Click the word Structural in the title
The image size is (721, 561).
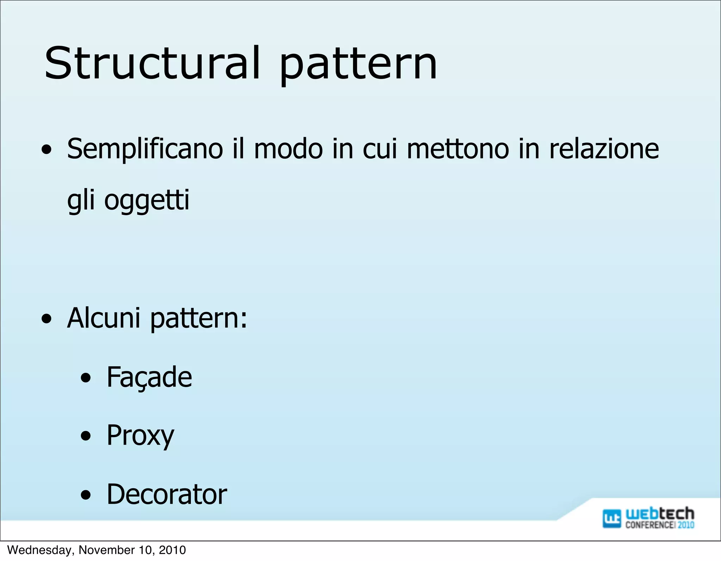tap(152, 63)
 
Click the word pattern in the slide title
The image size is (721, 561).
tap(358, 65)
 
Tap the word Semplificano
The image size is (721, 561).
tap(145, 149)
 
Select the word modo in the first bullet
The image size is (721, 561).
tap(288, 149)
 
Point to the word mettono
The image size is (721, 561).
tap(458, 149)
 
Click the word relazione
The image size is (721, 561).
tap(604, 149)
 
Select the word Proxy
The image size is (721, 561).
tap(140, 436)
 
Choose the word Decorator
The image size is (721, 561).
tap(167, 494)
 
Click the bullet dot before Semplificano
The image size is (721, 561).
tap(46, 151)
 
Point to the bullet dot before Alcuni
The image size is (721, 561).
tap(46, 319)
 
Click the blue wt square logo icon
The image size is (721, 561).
tap(612, 518)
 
